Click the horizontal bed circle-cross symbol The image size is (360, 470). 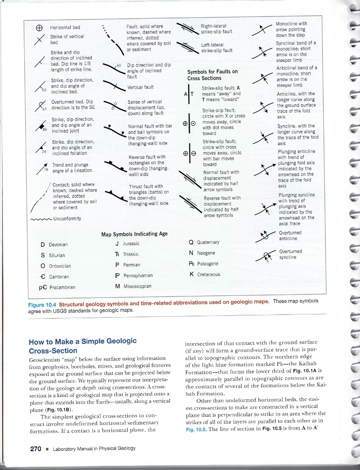[x=39, y=27]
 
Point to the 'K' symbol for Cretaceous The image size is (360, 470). [x=191, y=274]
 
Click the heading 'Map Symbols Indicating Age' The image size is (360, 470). [x=134, y=234]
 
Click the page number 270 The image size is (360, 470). [x=35, y=448]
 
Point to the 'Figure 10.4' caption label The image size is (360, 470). [x=43, y=303]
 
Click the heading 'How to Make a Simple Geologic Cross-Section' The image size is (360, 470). [x=83, y=345]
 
